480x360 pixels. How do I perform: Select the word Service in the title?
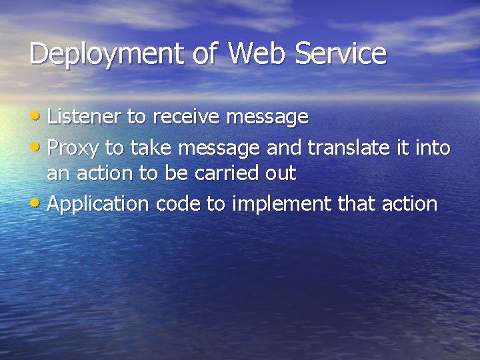coord(343,53)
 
